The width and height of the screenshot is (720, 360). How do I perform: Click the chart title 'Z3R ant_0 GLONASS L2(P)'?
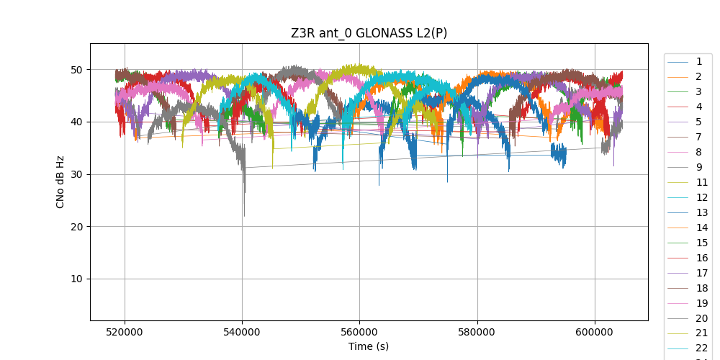[369, 33]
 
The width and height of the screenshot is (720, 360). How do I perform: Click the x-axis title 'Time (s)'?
[369, 346]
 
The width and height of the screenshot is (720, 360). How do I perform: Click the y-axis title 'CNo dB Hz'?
[60, 181]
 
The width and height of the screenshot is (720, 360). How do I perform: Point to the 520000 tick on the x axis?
[125, 332]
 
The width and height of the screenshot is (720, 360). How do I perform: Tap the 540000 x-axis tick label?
[243, 332]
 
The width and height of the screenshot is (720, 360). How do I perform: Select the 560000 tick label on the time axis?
[360, 332]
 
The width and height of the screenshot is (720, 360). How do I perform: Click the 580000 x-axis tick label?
[477, 332]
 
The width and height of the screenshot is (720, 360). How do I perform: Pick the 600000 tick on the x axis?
[595, 332]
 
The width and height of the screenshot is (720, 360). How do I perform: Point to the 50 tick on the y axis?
[76, 70]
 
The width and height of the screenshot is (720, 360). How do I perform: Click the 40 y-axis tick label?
[76, 122]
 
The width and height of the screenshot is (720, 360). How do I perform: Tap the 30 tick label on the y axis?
[76, 175]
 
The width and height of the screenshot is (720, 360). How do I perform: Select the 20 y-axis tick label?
[76, 227]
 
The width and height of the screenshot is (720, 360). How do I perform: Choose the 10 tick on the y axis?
[76, 279]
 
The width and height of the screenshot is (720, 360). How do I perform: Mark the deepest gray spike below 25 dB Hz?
[244, 215]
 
